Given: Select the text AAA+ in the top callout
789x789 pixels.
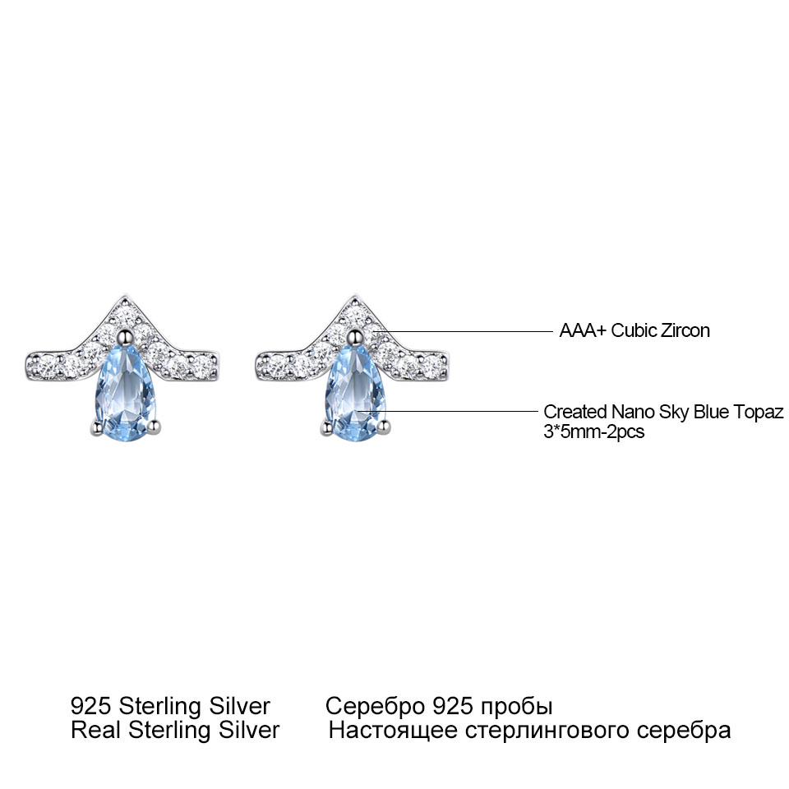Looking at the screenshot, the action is pyautogui.click(x=583, y=330).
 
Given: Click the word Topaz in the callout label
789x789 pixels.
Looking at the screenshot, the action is pyautogui.click(x=758, y=412).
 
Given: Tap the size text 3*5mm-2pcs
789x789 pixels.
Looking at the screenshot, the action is pyautogui.click(x=593, y=431).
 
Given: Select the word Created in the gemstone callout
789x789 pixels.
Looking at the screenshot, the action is pyautogui.click(x=575, y=412).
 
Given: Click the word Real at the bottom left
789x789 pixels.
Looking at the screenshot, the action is pyautogui.click(x=96, y=730).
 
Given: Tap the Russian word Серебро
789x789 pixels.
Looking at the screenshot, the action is pyautogui.click(x=375, y=706).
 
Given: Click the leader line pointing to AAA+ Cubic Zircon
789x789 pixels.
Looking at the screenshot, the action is pyautogui.click(x=466, y=331).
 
